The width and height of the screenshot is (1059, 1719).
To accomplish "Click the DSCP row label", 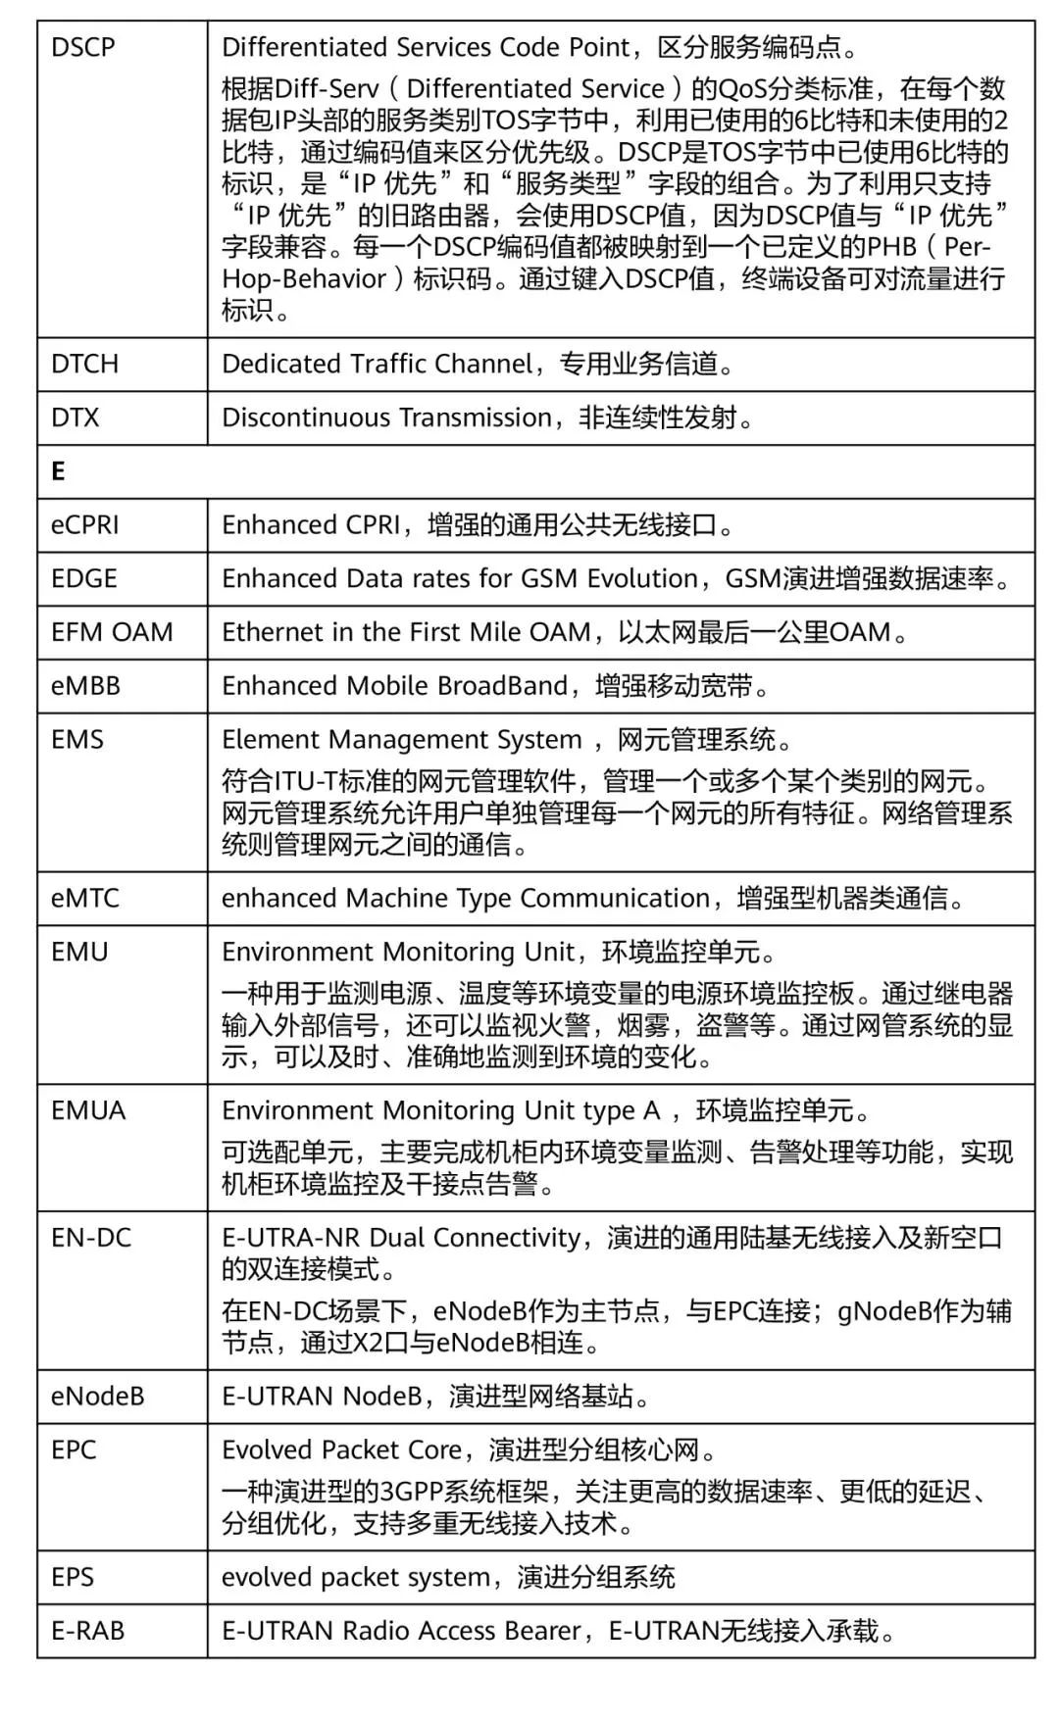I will point(83,47).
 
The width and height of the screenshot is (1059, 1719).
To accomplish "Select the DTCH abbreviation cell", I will point(84,364).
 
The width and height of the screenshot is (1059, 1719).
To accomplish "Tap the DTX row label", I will point(76,417).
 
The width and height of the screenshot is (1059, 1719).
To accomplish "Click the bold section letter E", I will point(58,471).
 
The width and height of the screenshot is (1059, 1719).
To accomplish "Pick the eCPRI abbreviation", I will point(85,525).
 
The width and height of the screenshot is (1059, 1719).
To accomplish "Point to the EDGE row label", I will point(84,578).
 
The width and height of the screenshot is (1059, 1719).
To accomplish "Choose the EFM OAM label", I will point(112,632).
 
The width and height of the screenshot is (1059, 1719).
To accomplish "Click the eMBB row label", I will point(85,686).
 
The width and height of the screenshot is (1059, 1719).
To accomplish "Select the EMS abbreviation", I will point(77,739).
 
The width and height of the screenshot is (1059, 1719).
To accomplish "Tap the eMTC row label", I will point(85,898).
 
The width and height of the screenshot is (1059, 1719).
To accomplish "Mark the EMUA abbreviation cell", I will point(88,1110).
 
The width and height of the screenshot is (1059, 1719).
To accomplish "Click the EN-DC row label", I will point(91,1238).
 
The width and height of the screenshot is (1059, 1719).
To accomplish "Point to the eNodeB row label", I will point(98,1396).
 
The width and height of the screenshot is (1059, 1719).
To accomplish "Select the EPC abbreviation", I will point(74,1449).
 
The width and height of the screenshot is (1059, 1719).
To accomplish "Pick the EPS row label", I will point(73,1577).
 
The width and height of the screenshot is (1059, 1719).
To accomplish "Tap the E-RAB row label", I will point(88,1631).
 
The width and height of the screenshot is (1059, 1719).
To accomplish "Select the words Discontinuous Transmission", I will point(387,417).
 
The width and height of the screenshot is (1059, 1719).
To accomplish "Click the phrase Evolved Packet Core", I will point(341,1449).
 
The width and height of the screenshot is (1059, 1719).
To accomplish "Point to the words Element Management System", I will point(402,739).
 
